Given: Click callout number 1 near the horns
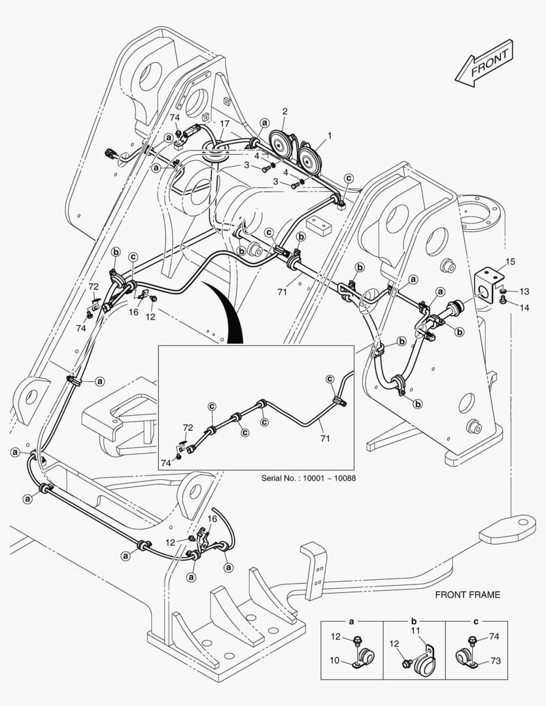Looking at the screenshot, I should coord(330,136).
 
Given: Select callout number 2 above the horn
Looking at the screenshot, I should coord(284,110).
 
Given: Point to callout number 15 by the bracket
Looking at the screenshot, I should coord(511,261).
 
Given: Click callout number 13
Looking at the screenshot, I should coord(524,291).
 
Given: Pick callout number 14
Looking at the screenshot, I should coord(524,306).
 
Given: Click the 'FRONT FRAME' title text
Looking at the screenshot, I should coord(468,595).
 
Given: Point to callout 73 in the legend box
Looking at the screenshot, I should coord(495,662).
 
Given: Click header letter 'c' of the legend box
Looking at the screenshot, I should coord(475,620).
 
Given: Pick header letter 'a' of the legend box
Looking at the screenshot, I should coord(352,620).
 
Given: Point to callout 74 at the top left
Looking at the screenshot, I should coord(175,118).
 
